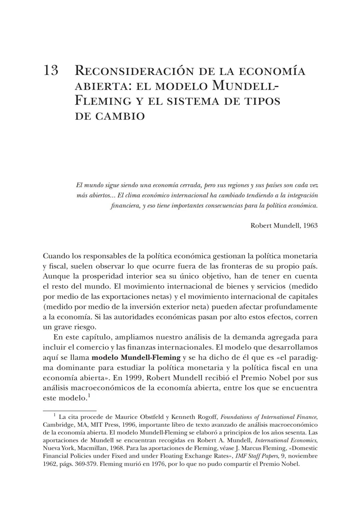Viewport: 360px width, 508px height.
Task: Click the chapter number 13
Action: pyautogui.click(x=51, y=70)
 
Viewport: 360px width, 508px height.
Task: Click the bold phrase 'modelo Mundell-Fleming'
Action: pyautogui.click(x=136, y=358)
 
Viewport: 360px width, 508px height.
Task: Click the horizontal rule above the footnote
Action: pyautogui.click(x=70, y=411)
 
